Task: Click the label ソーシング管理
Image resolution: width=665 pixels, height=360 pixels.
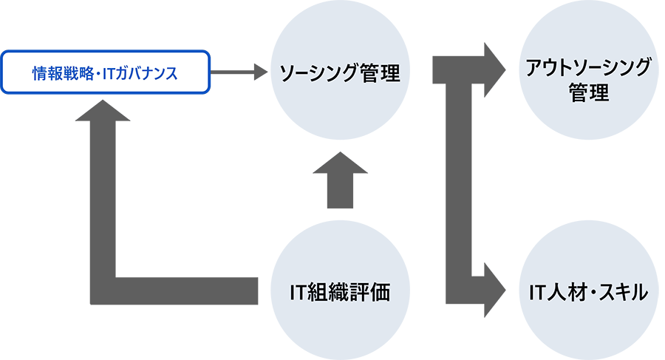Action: (x=339, y=74)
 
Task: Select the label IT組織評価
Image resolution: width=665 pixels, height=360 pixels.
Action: (x=339, y=293)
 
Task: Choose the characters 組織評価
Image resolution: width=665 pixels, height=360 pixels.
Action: (x=349, y=293)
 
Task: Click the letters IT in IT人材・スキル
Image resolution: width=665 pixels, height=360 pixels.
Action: (x=537, y=293)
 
